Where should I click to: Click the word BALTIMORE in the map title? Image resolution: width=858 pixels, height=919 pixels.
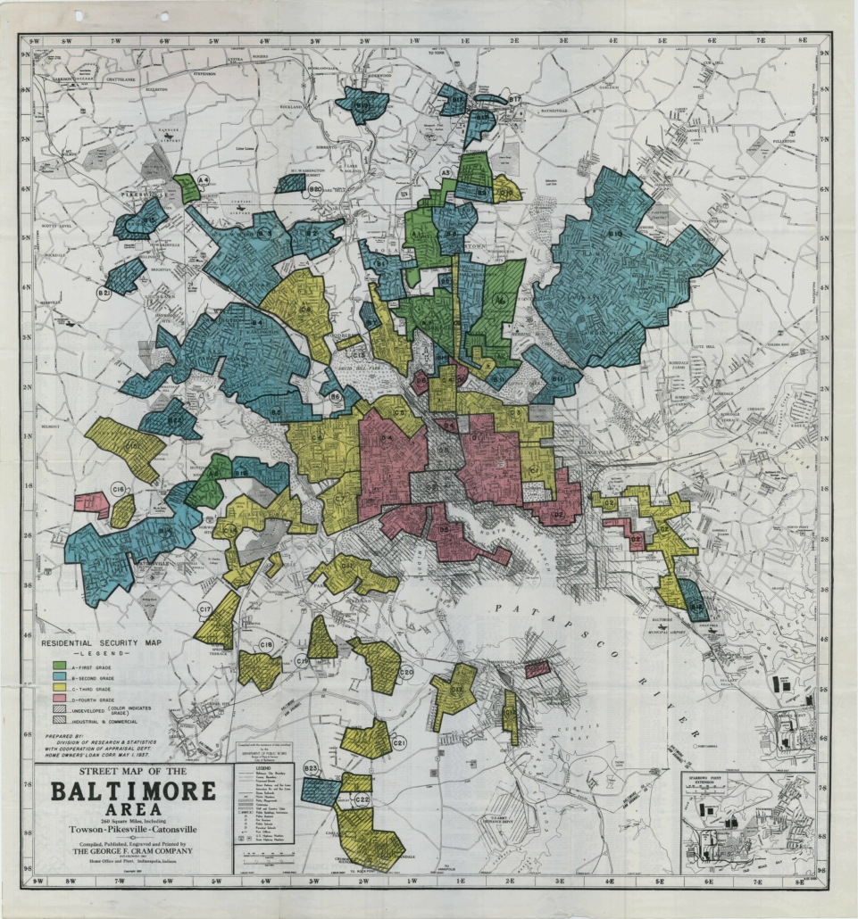[x=132, y=791]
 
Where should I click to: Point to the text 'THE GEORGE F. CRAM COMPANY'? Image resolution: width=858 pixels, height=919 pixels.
[x=132, y=850]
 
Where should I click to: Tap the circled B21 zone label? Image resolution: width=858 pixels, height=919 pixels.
[x=104, y=292]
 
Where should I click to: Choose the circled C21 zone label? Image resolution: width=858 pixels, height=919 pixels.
[x=399, y=743]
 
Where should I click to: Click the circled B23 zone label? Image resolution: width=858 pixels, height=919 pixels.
[x=311, y=768]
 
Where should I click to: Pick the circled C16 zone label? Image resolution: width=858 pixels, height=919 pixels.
[x=119, y=488]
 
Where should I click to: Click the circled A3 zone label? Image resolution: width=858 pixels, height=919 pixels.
[x=448, y=172]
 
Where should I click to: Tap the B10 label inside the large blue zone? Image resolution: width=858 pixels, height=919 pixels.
[x=615, y=234]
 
